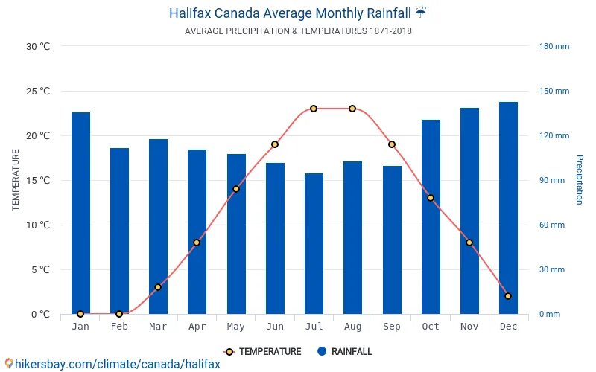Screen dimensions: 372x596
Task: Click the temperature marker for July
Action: [x=314, y=109]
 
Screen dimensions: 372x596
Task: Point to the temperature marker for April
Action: [x=197, y=243]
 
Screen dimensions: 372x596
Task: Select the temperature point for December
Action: [x=508, y=296]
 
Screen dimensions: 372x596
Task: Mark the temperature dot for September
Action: [x=392, y=144]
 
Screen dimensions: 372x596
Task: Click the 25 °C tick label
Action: [x=37, y=92]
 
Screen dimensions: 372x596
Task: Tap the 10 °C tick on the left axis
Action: [x=37, y=225]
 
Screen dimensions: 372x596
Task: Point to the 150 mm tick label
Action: [x=554, y=92]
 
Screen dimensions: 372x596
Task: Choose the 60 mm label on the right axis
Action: [x=552, y=225]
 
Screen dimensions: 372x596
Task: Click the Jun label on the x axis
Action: [x=275, y=327]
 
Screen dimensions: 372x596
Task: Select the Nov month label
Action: [x=469, y=327]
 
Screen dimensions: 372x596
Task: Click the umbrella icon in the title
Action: [x=422, y=12]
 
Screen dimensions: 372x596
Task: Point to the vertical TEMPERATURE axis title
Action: [x=16, y=180]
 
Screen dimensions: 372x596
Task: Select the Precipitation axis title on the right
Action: [x=580, y=180]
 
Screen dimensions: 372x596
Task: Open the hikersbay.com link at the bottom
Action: [x=112, y=364]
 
